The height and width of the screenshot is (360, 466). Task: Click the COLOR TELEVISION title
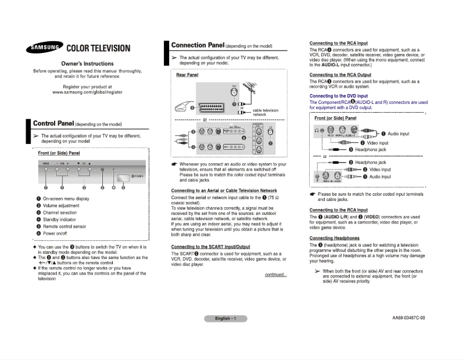tap(99, 48)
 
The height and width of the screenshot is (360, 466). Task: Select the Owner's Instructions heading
tap(87, 63)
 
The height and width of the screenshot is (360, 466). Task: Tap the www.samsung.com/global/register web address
tap(87, 92)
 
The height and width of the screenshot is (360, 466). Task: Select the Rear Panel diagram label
tap(187, 75)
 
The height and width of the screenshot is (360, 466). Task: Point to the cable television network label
tap(265, 113)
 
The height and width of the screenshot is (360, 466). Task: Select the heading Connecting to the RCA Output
tap(340, 75)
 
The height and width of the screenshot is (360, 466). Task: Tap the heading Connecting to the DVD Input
tap(338, 96)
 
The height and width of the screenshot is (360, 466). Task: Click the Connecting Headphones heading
tap(334, 238)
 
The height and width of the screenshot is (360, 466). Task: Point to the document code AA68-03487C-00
tap(408, 318)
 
